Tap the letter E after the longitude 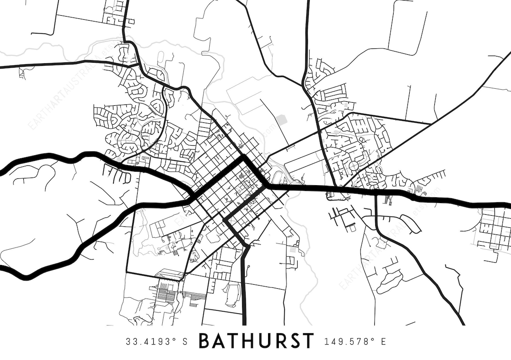(383, 342)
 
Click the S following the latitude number (185, 342)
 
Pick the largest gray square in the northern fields (281, 120)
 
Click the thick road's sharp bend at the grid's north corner (243, 157)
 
